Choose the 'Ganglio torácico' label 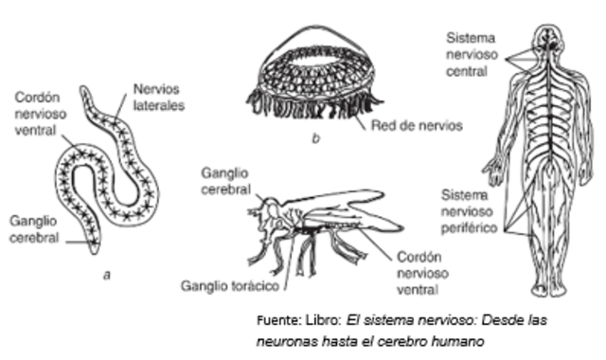(230, 283)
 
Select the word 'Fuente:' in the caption (280, 320)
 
